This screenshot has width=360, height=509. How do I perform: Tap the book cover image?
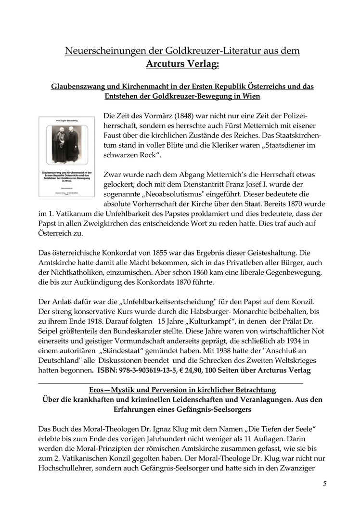coord(67,156)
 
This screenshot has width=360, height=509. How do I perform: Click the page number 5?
coord(325,484)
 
